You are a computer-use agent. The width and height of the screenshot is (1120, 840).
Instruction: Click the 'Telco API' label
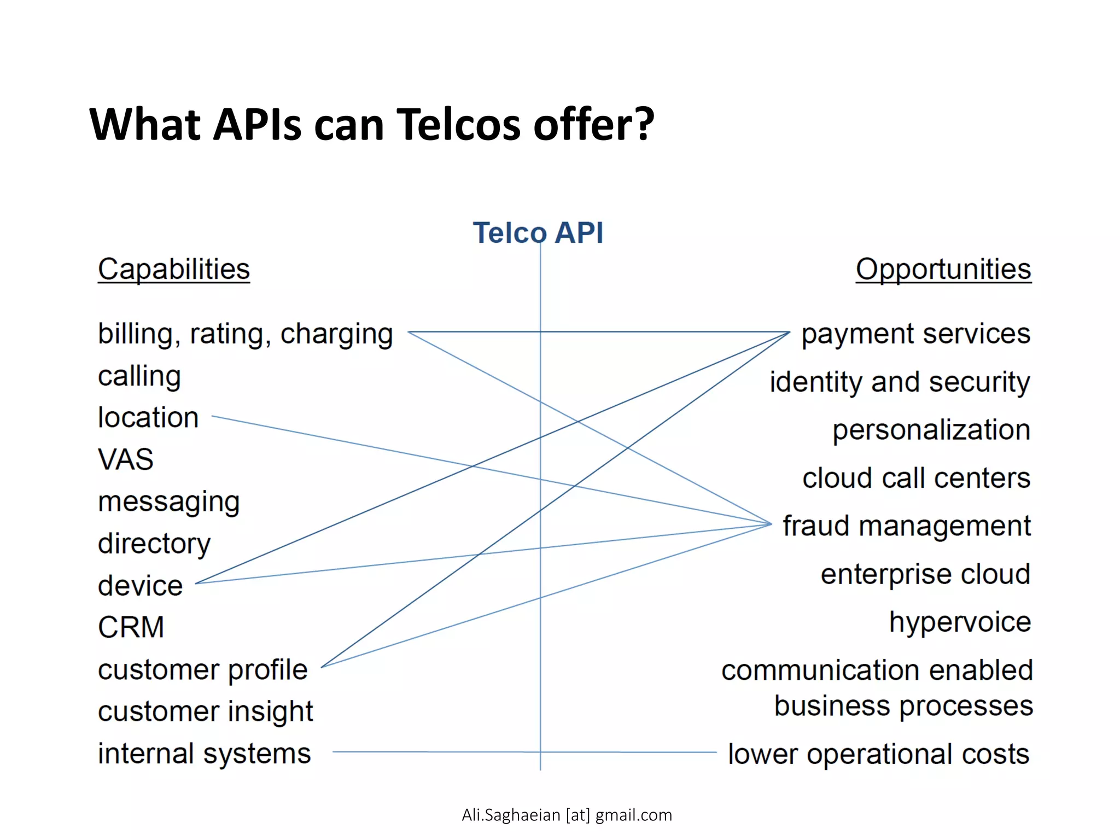click(x=538, y=233)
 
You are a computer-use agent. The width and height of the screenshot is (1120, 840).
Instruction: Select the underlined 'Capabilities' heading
click(x=174, y=269)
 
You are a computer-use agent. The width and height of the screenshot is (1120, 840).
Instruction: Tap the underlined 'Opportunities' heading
click(x=943, y=269)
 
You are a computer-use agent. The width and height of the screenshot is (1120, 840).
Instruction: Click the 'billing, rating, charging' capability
click(x=246, y=334)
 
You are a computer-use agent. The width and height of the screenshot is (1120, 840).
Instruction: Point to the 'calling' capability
click(x=139, y=376)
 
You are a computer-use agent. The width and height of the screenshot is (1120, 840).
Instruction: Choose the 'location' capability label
click(x=148, y=418)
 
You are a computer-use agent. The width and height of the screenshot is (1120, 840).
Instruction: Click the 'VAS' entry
click(x=126, y=459)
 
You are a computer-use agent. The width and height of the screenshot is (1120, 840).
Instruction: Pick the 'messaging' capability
click(x=169, y=502)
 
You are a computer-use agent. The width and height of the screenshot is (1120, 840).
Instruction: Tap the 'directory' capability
click(x=154, y=544)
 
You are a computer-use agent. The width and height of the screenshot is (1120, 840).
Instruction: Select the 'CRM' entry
click(x=131, y=627)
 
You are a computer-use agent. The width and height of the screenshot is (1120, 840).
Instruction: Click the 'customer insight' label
click(x=205, y=711)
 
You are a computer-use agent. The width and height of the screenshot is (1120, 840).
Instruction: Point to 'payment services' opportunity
click(x=916, y=334)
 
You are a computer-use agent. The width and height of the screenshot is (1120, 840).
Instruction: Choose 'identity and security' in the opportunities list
click(x=900, y=382)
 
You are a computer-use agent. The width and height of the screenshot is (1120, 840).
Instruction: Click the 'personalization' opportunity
click(x=931, y=430)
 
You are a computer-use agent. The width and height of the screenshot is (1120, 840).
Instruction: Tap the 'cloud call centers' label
click(x=917, y=478)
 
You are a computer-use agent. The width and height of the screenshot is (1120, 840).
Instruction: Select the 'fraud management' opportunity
click(x=907, y=526)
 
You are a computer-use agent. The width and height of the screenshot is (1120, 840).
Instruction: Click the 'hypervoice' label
click(x=960, y=622)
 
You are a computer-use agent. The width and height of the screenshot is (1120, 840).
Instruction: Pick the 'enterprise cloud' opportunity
click(x=925, y=574)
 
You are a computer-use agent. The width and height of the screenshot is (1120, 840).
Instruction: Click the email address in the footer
click(x=567, y=815)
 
